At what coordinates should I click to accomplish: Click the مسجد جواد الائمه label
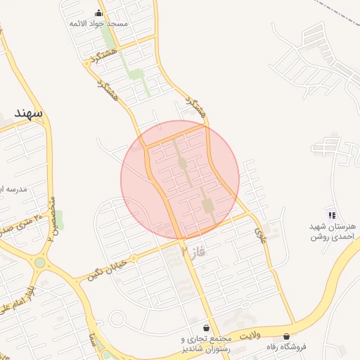[98, 23]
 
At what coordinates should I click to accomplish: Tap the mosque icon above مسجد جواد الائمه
[98, 13]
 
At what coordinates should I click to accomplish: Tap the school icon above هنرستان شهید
[331, 214]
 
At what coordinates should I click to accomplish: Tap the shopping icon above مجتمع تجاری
[205, 328]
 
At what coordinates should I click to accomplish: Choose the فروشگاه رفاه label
[288, 347]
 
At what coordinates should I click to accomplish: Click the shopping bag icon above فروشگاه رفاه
[286, 337]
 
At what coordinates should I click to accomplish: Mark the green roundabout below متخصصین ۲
[40, 263]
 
